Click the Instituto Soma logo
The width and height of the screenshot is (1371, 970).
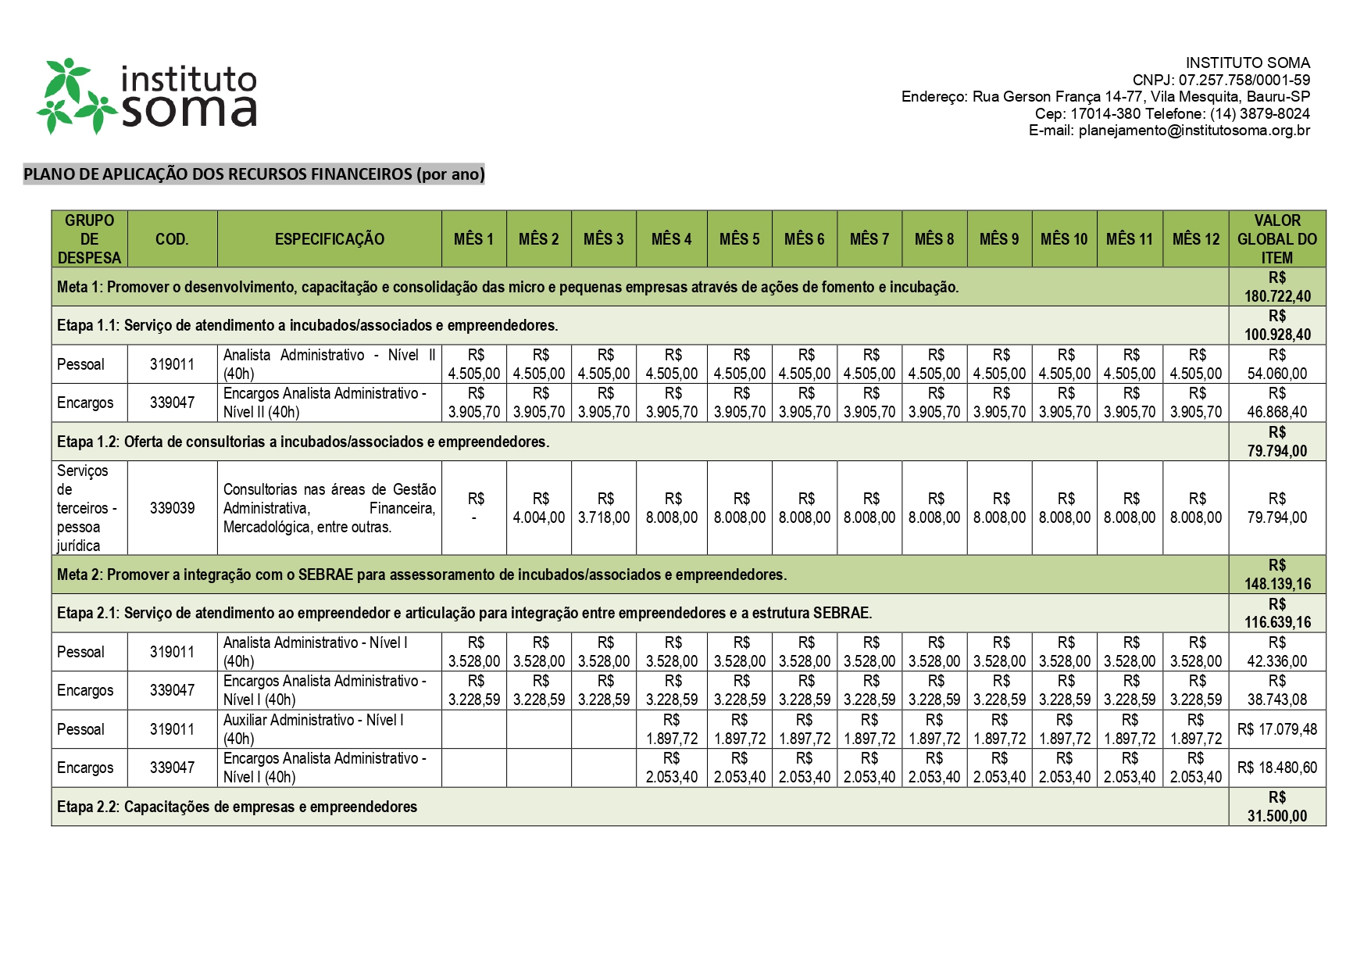[x=147, y=95]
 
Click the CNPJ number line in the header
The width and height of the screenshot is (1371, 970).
[x=1221, y=80]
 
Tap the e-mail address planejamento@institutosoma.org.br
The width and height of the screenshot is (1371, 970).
[x=1194, y=131]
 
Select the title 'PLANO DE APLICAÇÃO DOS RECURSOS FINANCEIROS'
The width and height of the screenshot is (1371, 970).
[x=254, y=174]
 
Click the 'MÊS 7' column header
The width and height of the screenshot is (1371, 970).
[x=869, y=239]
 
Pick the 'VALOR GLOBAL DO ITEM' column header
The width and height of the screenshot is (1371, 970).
[x=1276, y=239]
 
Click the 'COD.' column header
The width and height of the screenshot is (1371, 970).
[x=172, y=239]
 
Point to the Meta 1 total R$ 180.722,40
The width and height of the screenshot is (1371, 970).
[x=1276, y=287]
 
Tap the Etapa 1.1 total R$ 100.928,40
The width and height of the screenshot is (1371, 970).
[x=1276, y=325]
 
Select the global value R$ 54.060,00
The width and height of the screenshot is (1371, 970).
[x=1276, y=364]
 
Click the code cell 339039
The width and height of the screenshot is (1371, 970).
[x=172, y=508]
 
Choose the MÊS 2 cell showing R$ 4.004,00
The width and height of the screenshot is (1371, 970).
[x=539, y=508]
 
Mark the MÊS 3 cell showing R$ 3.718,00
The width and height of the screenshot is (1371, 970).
[x=604, y=508]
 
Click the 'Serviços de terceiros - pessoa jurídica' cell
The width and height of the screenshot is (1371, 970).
[x=87, y=508]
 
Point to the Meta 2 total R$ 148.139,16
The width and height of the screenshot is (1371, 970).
[x=1276, y=574]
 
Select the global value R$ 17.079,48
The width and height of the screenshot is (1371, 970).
[x=1276, y=729]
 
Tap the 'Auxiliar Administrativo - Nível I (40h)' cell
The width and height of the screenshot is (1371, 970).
[x=328, y=729]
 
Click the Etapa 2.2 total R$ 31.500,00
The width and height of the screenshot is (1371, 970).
[x=1276, y=807]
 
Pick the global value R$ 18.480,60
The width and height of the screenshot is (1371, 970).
[x=1276, y=768]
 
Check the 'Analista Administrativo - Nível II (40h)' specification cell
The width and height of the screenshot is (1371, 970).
[x=328, y=364]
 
